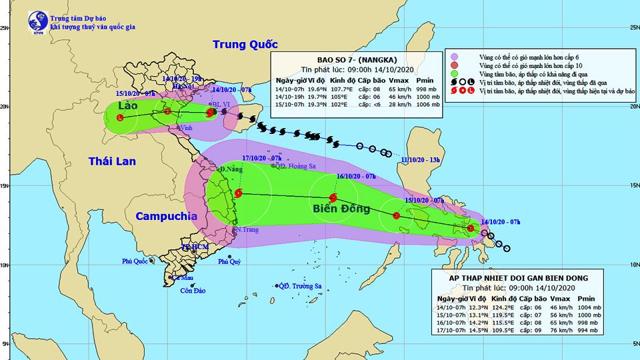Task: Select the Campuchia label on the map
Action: coord(166,216)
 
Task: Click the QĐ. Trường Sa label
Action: coord(300,286)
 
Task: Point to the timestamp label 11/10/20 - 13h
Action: coord(422,160)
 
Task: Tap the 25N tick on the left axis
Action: coord(5,28)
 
